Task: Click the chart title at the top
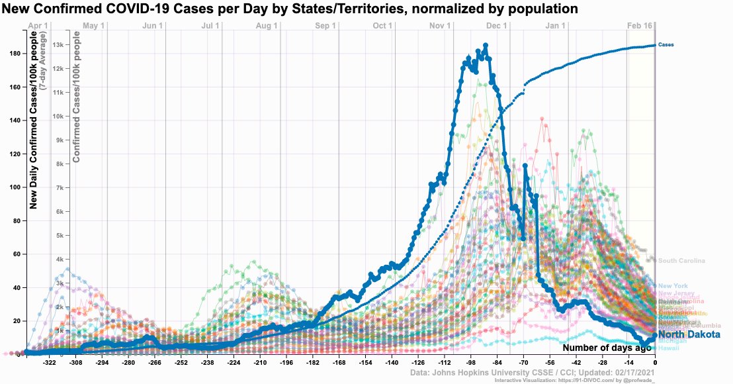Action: pyautogui.click(x=290, y=9)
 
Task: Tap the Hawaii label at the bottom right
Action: pyautogui.click(x=668, y=348)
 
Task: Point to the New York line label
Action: pyautogui.click(x=673, y=286)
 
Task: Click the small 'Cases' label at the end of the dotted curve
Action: pyautogui.click(x=666, y=45)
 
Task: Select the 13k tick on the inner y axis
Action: pyautogui.click(x=58, y=45)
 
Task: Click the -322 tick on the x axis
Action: pyautogui.click(x=50, y=363)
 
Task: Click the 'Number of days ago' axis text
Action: pyautogui.click(x=606, y=348)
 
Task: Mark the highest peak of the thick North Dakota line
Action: pyautogui.click(x=486, y=46)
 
